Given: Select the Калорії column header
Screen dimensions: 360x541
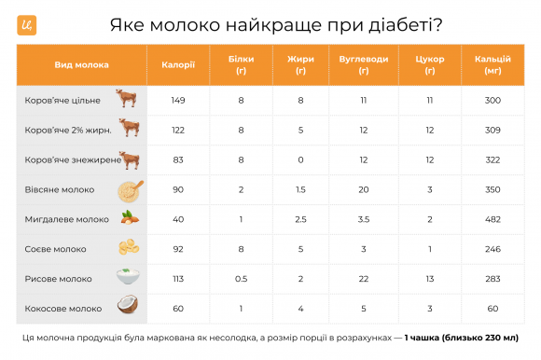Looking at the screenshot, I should [x=177, y=65].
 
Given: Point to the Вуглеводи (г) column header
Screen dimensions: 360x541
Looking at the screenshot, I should [x=364, y=65].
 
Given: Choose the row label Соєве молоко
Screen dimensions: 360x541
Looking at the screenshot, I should [x=56, y=249].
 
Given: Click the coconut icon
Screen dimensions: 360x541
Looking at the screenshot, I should [x=128, y=307].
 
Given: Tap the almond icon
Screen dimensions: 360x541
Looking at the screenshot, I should [x=128, y=219].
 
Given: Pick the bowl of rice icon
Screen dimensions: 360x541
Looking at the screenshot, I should [x=128, y=278].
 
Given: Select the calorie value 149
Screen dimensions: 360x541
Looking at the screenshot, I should [x=177, y=100].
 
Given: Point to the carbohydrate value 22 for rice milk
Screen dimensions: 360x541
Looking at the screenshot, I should [x=364, y=278].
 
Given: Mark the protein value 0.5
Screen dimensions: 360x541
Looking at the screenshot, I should [x=241, y=278].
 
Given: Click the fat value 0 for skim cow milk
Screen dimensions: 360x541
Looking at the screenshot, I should [x=300, y=159].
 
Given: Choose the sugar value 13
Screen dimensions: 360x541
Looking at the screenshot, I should [x=429, y=278].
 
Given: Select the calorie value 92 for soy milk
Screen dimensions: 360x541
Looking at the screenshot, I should [x=177, y=249].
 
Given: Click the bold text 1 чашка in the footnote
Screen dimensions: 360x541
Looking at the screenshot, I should [x=424, y=338].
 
